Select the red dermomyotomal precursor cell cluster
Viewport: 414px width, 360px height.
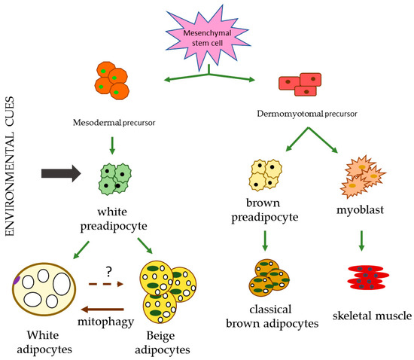click(300, 85)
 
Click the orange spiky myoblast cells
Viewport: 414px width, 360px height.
click(364, 178)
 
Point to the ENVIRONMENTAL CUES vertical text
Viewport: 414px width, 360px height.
click(17, 151)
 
